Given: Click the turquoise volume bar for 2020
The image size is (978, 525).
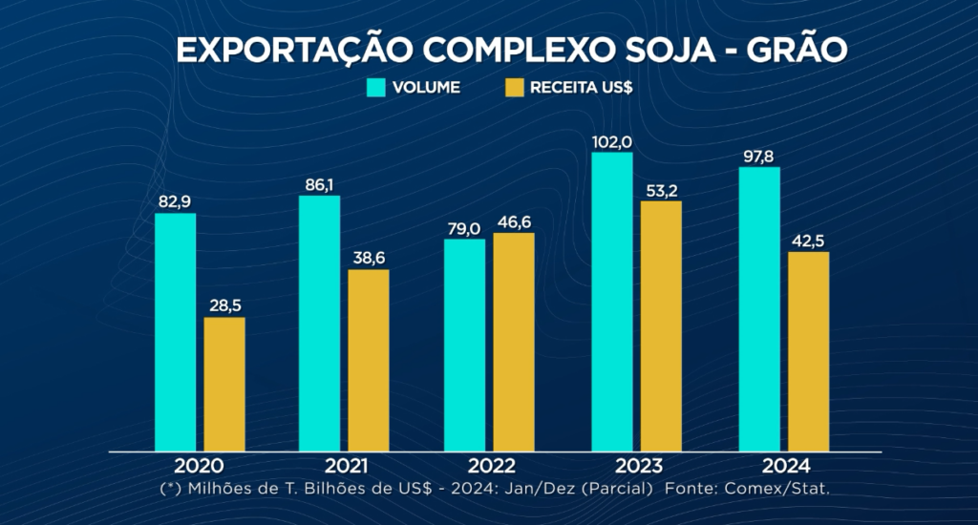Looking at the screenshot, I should tap(175, 331).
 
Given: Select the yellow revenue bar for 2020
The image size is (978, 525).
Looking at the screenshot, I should tap(224, 384).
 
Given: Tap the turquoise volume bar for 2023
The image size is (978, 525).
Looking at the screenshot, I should tap(611, 301).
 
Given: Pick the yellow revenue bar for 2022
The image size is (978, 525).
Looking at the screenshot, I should tap(514, 342).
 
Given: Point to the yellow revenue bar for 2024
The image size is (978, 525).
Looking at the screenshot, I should tap(808, 351).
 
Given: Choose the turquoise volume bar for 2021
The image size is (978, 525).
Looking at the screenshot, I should tap(319, 323).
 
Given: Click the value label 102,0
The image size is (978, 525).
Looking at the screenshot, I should tap(612, 141).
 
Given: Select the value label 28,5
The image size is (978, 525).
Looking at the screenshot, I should tap(224, 305).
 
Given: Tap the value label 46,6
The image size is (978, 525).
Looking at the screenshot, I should tap(514, 221).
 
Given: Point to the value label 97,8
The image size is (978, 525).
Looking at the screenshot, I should tap(759, 156).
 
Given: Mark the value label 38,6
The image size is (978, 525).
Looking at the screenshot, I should tap(369, 258).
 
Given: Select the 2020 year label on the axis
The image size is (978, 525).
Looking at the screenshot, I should tap(199, 466).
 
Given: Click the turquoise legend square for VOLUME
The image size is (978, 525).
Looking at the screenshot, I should tap(375, 88).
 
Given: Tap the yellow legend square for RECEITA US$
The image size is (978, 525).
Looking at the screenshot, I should tap(515, 88).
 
